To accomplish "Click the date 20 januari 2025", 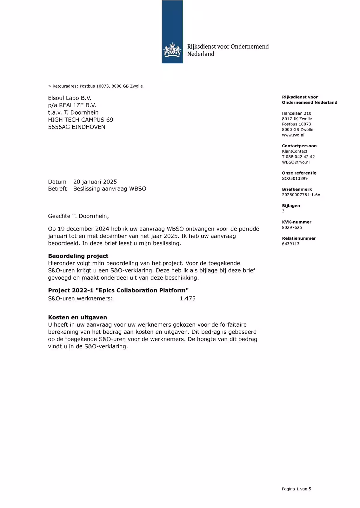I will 95,182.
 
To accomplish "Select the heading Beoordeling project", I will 78,256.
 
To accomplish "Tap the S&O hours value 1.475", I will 188,298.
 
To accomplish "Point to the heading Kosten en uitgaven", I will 77,317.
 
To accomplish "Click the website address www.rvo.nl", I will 293,135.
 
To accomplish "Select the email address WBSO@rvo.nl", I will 296,162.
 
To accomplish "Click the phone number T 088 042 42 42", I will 298,157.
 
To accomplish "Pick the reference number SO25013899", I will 295,178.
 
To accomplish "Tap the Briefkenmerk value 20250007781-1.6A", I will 301,195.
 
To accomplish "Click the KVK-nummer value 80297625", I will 292,228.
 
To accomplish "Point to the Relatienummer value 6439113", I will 290,244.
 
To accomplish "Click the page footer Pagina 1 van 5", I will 296,489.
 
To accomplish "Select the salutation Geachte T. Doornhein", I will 78,216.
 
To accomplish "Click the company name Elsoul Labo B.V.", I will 70,98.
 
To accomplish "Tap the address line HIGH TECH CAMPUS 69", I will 80,120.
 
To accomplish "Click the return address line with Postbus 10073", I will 95,86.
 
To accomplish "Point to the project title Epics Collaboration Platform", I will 142,290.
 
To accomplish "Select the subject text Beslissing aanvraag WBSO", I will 110,189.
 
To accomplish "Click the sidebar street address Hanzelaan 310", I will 297,113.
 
